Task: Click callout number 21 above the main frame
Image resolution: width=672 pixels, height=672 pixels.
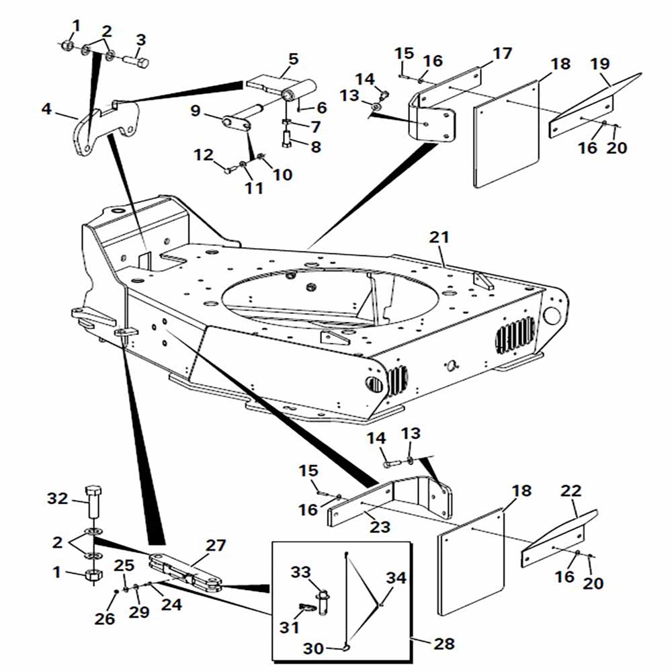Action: click(439, 237)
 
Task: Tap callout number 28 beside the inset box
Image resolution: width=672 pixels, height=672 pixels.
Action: click(444, 643)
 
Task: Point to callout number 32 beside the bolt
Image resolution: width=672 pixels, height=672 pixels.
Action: click(57, 499)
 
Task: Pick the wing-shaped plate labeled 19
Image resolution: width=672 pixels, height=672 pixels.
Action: click(595, 105)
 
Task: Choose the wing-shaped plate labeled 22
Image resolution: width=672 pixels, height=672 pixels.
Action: click(559, 539)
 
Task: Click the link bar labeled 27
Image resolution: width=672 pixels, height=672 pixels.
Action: click(185, 572)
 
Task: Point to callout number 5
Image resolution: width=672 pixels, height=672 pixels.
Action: click(293, 58)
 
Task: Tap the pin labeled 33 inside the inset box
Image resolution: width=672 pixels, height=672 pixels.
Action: click(323, 601)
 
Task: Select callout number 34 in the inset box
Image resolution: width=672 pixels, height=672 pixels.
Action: click(396, 578)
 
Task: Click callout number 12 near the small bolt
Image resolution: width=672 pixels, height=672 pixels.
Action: click(204, 155)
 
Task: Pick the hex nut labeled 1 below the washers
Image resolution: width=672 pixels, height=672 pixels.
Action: click(93, 575)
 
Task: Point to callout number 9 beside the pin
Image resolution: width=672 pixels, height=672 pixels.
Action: click(196, 111)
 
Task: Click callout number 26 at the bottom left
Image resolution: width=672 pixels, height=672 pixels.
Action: click(105, 618)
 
